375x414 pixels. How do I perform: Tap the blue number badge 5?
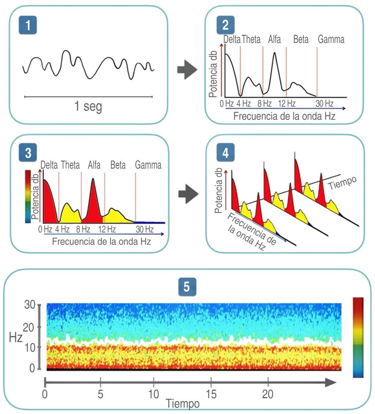187,287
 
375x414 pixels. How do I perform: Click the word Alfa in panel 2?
274,39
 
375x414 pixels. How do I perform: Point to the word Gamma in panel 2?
331,39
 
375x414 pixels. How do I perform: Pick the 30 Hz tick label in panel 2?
324,103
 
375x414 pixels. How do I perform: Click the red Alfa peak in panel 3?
93,202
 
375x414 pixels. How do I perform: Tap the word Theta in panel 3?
70,165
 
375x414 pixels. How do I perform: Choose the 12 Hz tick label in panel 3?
107,230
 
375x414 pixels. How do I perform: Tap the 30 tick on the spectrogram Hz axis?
29,305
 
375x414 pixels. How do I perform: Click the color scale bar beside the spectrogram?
358,337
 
